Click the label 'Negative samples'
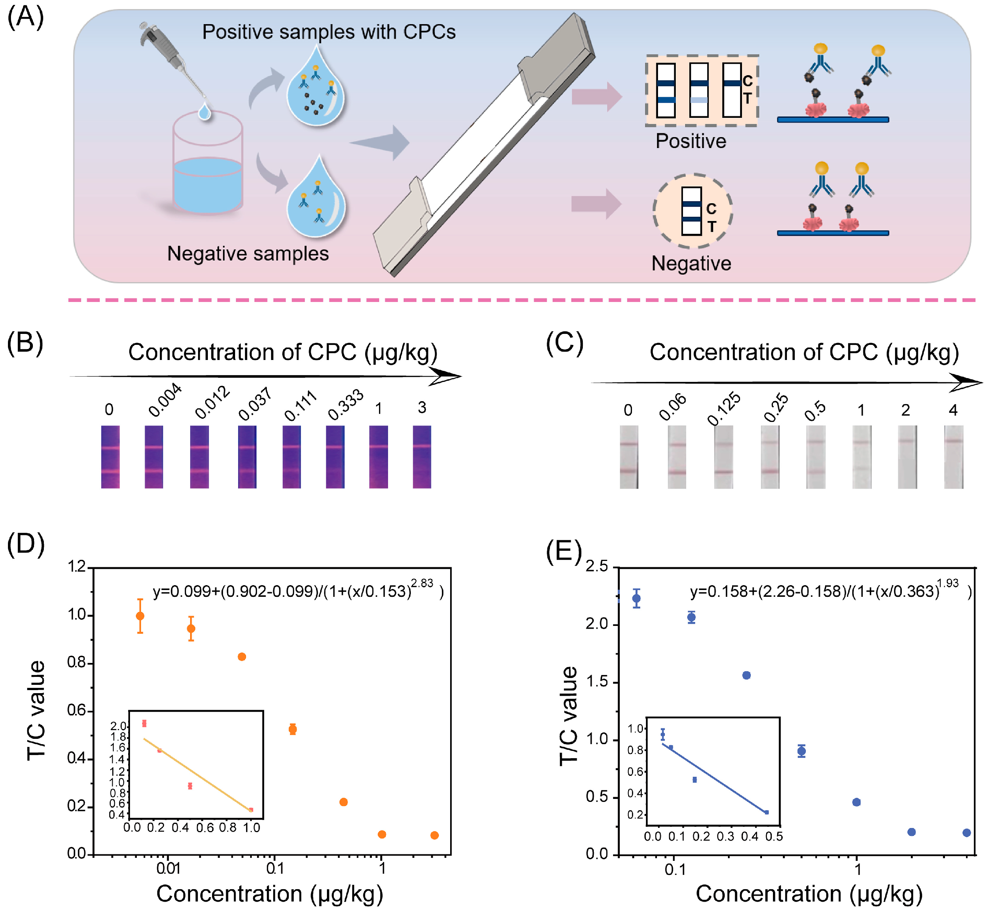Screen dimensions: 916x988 [x=248, y=253]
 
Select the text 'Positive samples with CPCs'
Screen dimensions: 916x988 [x=328, y=32]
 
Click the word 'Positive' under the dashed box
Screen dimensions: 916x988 [x=691, y=141]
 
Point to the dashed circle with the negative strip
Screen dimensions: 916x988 [x=692, y=211]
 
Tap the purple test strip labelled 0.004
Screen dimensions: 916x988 [x=154, y=457]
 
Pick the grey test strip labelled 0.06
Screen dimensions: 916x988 [x=677, y=457]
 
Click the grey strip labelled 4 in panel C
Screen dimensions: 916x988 [x=953, y=457]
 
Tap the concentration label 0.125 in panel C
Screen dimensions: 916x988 [x=724, y=408]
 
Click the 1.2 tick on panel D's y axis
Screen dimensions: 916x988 [x=77, y=567]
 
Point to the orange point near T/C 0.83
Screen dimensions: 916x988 [x=242, y=657]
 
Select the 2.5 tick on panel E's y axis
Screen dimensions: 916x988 [x=597, y=567]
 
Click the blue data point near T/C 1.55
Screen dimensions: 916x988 [x=746, y=675]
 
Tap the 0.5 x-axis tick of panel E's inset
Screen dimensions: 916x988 [x=774, y=837]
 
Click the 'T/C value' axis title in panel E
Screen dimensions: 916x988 [x=569, y=716]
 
